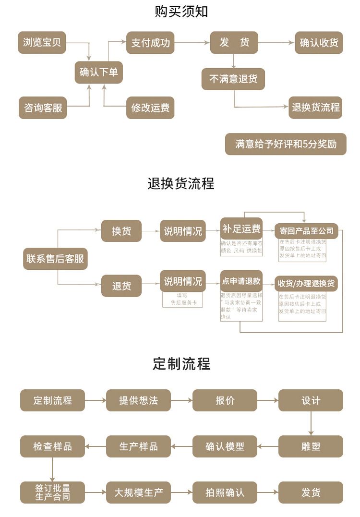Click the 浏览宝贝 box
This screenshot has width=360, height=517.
[x=42, y=42]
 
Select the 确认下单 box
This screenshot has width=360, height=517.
[x=98, y=72]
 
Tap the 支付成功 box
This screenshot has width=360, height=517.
[x=150, y=42]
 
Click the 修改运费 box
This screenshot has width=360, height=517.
[x=150, y=108]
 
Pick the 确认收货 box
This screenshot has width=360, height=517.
[x=319, y=42]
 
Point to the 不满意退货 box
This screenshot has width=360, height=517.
[x=233, y=79]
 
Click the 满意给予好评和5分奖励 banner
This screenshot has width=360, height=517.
[x=286, y=144]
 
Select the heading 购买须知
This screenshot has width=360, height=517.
[x=181, y=12]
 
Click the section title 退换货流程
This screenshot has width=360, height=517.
[x=181, y=183]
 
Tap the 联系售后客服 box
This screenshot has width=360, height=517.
[x=55, y=259]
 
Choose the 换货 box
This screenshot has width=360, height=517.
[x=121, y=231]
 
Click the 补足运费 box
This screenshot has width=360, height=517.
[x=241, y=229]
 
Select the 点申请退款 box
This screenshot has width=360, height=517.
[x=241, y=281]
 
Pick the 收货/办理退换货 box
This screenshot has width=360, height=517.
[x=306, y=283]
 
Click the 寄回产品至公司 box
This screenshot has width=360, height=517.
[x=306, y=231]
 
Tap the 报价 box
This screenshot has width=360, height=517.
[x=225, y=400]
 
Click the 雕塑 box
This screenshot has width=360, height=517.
[x=311, y=446]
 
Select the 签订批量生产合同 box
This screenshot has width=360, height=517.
[x=52, y=493]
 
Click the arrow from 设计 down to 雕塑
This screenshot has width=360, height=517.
[x=311, y=423]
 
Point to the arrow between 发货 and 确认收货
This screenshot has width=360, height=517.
[x=276, y=43]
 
